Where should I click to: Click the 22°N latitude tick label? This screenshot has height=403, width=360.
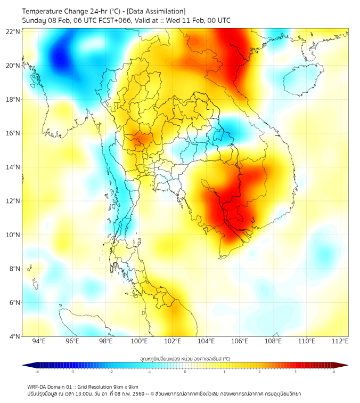pyautogui.click(x=13, y=31)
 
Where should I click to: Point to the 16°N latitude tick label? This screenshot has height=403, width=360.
pyautogui.click(x=13, y=133)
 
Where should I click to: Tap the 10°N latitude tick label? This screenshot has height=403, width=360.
pyautogui.click(x=13, y=235)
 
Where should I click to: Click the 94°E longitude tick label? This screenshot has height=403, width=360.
pyautogui.click(x=39, y=341)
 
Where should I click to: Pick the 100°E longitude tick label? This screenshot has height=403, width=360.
pyautogui.click(x=140, y=341)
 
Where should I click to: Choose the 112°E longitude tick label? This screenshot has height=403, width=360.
pyautogui.click(x=340, y=341)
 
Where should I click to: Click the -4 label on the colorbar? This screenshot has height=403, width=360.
pyautogui.click(x=37, y=372)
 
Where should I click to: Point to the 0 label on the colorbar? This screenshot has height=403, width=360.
pyautogui.click(x=185, y=372)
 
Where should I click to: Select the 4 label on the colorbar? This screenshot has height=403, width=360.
pyautogui.click(x=334, y=372)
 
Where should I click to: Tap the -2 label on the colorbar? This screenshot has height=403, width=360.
pyautogui.click(x=111, y=372)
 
